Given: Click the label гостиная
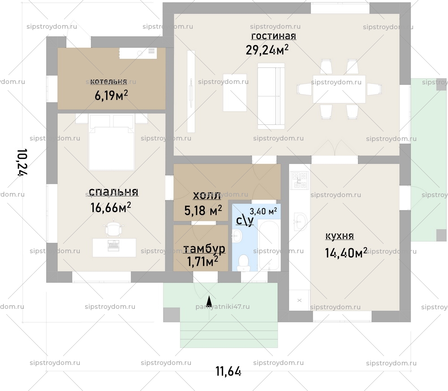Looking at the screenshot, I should point(273,36).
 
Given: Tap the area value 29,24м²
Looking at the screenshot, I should point(267,50).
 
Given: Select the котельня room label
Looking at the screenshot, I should point(108,81).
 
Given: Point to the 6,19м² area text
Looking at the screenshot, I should point(111,95).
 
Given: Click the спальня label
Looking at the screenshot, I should point(113,192).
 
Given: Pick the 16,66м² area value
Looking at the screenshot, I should point(111,207).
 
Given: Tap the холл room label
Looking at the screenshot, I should point(206,196).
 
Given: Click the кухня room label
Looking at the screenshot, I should point(340,236).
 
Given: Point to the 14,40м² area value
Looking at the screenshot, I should point(346,253).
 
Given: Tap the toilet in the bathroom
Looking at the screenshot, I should point(243,262).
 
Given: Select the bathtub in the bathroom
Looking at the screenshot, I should point(269,245).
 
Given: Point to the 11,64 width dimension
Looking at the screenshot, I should point(228,371).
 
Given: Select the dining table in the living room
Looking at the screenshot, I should point(339,89).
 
